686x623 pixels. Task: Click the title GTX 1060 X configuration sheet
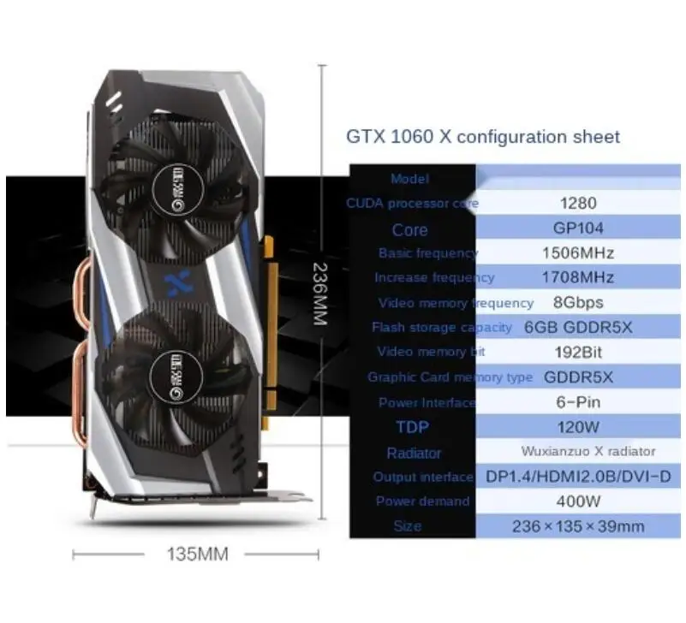point(482,137)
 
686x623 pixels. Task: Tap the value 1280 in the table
point(577,204)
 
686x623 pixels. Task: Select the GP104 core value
point(577,228)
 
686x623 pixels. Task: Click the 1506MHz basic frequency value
point(578,253)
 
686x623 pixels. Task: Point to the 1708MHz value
point(578,277)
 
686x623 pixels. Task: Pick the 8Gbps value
point(578,302)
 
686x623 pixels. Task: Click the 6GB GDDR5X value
point(578,327)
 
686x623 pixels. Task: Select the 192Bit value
point(578,352)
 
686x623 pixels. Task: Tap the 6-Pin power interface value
point(578,401)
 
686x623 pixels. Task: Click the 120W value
point(578,426)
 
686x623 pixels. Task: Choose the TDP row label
point(412,426)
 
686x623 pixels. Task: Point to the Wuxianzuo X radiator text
point(588,451)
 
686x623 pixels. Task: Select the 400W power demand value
point(578,501)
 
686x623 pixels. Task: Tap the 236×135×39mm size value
point(578,526)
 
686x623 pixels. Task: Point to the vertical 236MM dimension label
point(321,293)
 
